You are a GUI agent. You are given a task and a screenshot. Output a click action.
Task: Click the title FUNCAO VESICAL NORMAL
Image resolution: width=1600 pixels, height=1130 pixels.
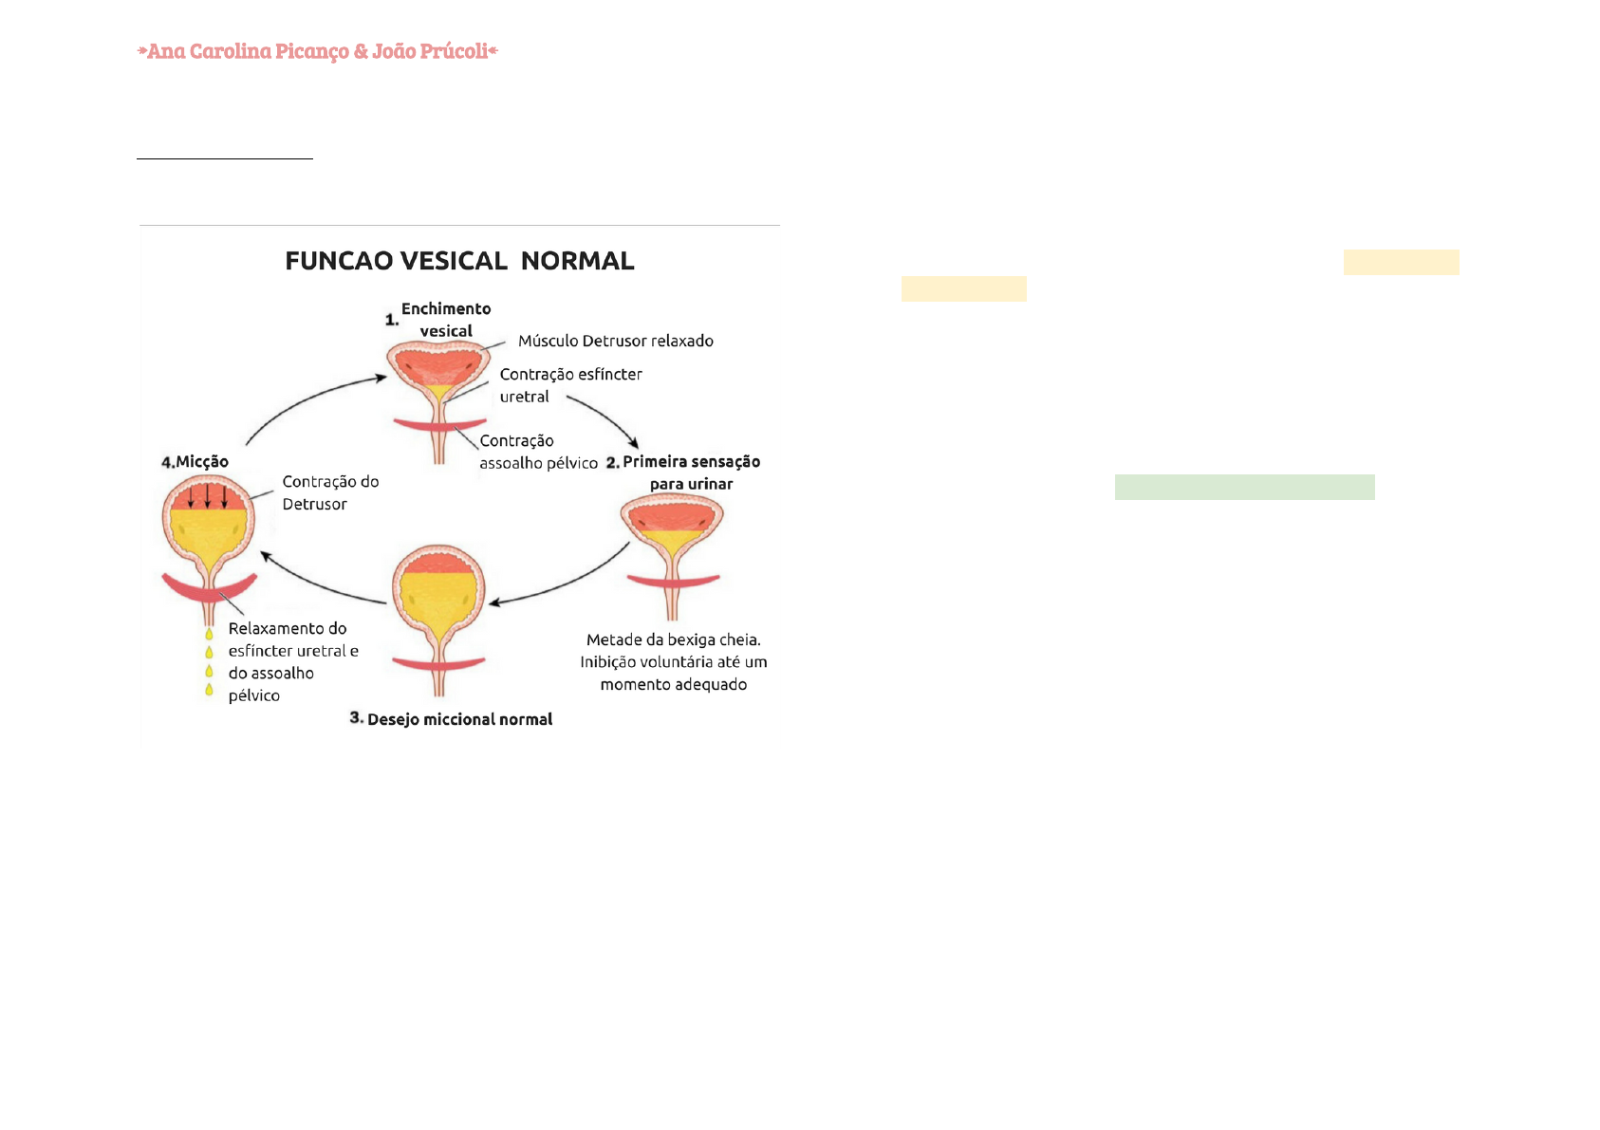click(x=459, y=261)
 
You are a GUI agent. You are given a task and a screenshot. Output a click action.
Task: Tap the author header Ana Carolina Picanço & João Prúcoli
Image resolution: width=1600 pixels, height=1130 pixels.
click(x=317, y=51)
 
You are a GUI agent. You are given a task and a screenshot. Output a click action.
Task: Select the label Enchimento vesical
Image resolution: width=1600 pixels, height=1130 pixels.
click(x=446, y=320)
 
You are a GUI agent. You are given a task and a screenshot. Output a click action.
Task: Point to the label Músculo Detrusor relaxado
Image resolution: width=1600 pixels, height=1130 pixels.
click(x=615, y=341)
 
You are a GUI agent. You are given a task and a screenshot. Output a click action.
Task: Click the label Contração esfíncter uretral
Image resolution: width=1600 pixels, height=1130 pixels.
click(x=570, y=385)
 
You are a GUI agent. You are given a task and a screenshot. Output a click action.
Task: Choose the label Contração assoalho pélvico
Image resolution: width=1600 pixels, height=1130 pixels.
click(x=538, y=452)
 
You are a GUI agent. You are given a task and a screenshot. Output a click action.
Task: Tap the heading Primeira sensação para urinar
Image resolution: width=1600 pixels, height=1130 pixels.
click(x=691, y=472)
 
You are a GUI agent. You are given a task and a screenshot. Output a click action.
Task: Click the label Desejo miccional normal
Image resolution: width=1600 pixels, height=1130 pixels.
click(x=459, y=719)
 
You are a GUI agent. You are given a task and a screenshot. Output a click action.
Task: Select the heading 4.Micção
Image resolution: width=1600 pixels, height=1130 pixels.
click(x=195, y=462)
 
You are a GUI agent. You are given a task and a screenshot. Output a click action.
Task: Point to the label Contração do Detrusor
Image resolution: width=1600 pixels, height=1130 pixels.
click(x=330, y=492)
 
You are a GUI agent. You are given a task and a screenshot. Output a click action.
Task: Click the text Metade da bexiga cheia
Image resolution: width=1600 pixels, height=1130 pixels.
click(x=673, y=639)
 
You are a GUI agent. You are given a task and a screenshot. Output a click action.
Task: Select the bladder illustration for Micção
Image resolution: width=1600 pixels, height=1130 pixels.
click(x=209, y=541)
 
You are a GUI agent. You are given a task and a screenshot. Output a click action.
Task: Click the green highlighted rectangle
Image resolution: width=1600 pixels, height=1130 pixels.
click(x=1244, y=487)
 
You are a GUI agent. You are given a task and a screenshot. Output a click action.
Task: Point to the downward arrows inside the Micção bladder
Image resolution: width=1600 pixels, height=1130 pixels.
click(x=208, y=495)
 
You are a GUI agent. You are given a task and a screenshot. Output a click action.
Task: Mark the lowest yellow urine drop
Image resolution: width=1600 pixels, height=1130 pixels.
click(x=209, y=690)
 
